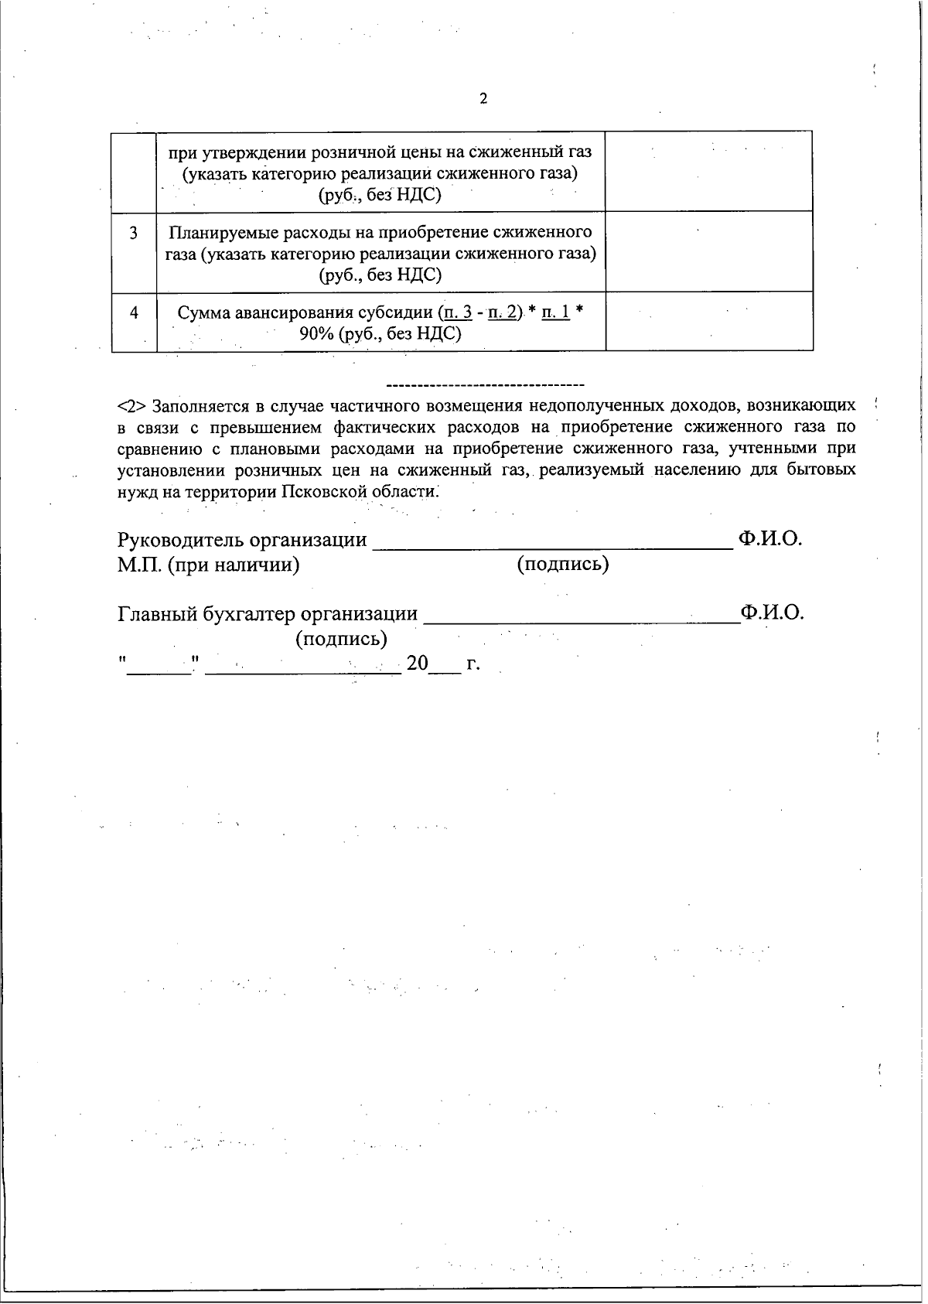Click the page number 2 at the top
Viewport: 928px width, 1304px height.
(x=484, y=98)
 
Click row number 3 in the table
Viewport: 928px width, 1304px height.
(x=134, y=233)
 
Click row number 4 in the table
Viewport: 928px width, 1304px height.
(x=134, y=313)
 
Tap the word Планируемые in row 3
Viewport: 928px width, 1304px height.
(x=217, y=232)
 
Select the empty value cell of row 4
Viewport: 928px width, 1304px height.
(x=708, y=321)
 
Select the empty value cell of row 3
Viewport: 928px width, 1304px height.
(x=708, y=251)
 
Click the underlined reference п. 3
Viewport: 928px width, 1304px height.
(x=455, y=313)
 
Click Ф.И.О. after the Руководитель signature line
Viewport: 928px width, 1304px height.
(x=769, y=538)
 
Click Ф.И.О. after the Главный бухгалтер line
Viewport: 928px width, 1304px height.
(x=772, y=613)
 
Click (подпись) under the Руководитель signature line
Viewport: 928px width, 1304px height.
(x=562, y=564)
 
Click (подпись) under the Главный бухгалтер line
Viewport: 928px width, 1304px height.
(x=341, y=639)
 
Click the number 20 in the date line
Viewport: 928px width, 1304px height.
(x=417, y=664)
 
